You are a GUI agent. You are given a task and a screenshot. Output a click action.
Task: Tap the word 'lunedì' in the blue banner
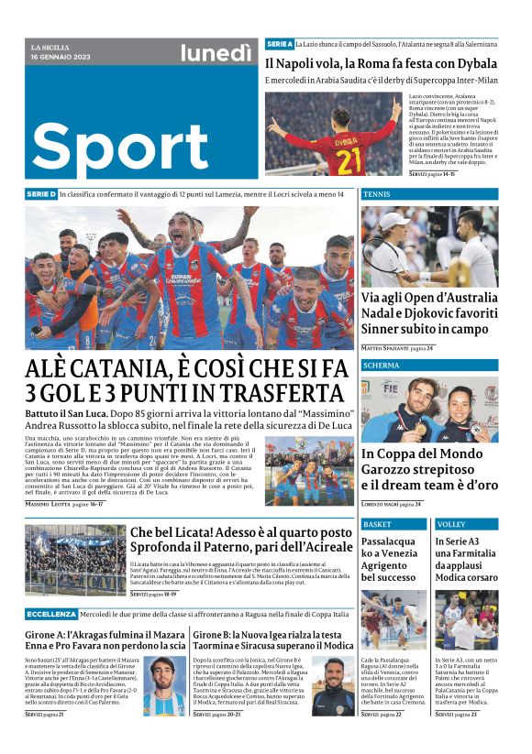pos(215,55)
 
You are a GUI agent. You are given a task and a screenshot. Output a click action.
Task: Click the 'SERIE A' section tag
pos(279,44)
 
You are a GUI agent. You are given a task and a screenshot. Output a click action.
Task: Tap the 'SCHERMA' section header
pos(381,365)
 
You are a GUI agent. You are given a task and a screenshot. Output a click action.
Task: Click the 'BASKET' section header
pos(377,525)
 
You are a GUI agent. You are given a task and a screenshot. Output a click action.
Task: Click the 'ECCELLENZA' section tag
pos(51,614)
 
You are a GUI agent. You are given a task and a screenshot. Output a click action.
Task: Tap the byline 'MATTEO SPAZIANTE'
pos(384,349)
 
